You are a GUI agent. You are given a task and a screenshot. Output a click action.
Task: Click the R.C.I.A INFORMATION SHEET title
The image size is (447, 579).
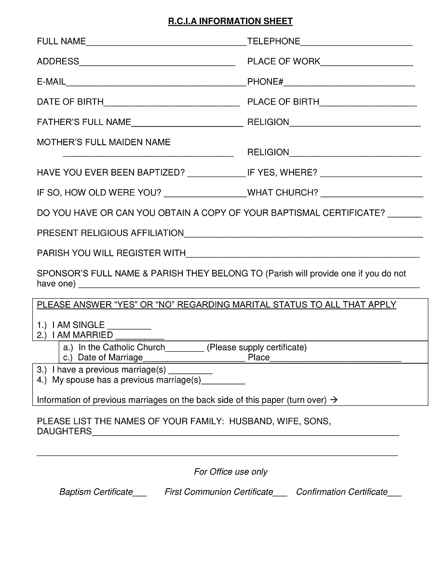[x=230, y=21]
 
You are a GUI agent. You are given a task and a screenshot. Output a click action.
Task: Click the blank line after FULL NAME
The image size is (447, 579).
[x=166, y=42]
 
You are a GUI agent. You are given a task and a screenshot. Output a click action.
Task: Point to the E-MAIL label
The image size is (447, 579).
[x=51, y=82]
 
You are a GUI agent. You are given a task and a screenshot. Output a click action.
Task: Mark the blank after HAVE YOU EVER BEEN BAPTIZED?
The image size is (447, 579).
[x=216, y=174]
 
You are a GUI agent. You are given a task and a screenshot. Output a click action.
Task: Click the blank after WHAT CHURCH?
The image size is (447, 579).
[x=372, y=194]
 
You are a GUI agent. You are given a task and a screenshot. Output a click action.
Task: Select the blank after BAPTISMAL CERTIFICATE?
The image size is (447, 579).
[x=405, y=214]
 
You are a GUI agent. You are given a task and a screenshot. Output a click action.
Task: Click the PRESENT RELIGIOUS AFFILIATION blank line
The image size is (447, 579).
[x=303, y=234]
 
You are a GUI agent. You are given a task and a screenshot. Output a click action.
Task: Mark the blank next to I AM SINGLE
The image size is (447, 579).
[x=129, y=326]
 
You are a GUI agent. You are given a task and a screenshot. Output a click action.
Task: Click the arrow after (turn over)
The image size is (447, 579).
[x=334, y=400]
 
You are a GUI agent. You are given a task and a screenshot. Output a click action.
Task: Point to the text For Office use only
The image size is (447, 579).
[x=230, y=472]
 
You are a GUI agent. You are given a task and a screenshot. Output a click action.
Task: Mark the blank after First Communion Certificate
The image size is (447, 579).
[x=280, y=493]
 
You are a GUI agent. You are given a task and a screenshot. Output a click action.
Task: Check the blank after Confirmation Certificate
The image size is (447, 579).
[x=394, y=493]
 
